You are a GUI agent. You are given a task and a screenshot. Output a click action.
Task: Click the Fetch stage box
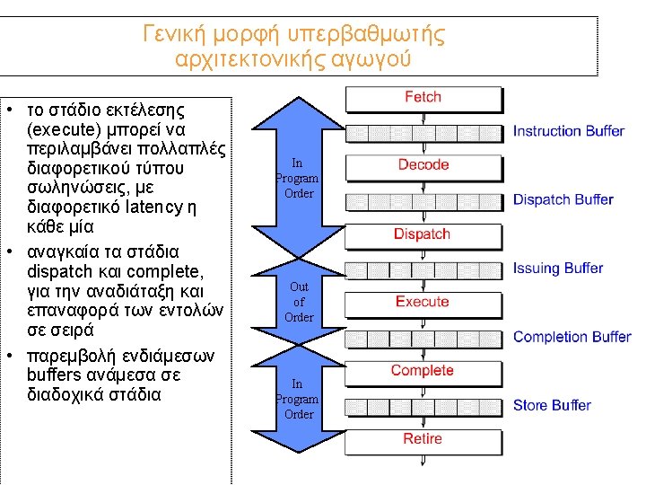click(x=423, y=98)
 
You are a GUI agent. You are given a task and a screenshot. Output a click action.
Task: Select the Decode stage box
click(x=423, y=165)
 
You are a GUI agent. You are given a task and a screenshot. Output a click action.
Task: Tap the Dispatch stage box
click(x=423, y=234)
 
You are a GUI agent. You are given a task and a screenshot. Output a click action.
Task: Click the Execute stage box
click(x=423, y=302)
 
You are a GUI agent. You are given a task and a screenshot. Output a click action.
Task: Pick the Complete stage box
click(x=423, y=371)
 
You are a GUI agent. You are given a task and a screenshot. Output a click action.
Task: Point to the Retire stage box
click(x=423, y=439)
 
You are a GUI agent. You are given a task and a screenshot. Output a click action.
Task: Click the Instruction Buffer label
click(x=568, y=131)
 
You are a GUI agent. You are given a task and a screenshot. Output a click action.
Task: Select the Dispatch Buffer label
click(x=563, y=199)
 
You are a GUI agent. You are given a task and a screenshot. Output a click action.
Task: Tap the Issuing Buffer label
click(x=558, y=268)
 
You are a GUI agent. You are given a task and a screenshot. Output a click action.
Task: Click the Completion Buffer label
click(x=572, y=337)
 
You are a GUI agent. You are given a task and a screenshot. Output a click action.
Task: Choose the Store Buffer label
click(x=552, y=405)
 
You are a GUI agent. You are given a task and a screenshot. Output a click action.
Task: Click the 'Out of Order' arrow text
click(x=299, y=302)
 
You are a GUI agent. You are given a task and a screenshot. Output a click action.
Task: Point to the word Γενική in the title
click(x=175, y=35)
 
